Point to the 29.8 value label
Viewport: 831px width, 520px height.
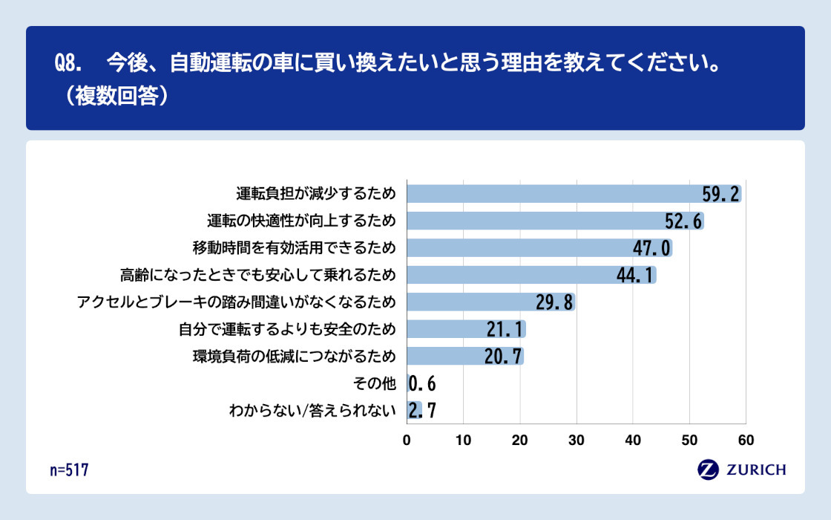click(x=555, y=302)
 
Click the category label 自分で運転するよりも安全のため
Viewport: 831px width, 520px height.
click(x=287, y=329)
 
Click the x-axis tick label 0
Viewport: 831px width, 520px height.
click(x=407, y=440)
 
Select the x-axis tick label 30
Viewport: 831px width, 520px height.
click(x=577, y=440)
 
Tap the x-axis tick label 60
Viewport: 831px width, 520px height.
click(x=746, y=440)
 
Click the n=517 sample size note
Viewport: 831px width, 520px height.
click(x=70, y=469)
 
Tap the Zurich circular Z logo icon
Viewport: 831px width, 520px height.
click(x=708, y=469)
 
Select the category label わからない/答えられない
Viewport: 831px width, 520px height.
click(x=312, y=410)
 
